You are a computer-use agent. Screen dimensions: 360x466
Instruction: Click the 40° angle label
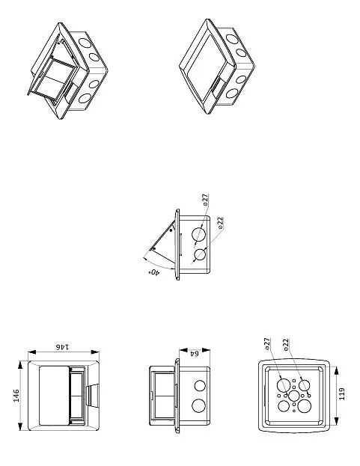[x=154, y=272]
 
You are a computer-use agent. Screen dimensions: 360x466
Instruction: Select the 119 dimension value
[x=342, y=393]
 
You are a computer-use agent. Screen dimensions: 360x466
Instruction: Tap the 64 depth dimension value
[x=194, y=353]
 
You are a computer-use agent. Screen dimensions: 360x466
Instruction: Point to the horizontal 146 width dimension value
[x=63, y=346]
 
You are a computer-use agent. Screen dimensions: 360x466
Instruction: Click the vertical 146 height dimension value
[x=16, y=396]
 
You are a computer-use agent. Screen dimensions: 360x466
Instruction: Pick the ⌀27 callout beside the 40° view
[x=205, y=200]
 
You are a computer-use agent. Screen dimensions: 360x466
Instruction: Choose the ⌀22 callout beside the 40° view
[x=220, y=223]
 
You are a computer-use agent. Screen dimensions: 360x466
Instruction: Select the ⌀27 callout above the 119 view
[x=267, y=344]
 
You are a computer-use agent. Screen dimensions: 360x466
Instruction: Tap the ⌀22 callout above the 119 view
[x=286, y=345]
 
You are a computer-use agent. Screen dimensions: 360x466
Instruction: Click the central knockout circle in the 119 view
[x=293, y=396]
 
